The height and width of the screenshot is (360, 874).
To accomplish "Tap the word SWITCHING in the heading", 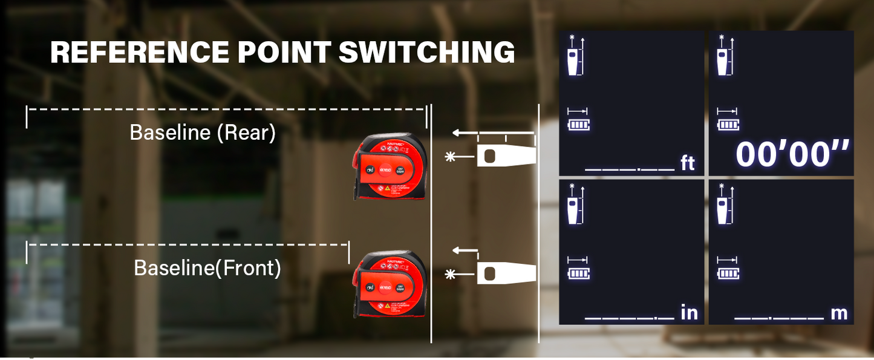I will pyautogui.click(x=426, y=53).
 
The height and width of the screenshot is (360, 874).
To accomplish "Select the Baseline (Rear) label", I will pyautogui.click(x=203, y=133).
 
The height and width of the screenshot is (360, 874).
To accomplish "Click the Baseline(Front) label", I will pyautogui.click(x=207, y=268).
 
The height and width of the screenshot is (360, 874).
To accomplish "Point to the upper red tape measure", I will pyautogui.click(x=390, y=166).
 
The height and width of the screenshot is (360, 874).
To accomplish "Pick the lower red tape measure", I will pyautogui.click(x=390, y=284).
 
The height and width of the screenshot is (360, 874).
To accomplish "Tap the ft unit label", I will pyautogui.click(x=688, y=163).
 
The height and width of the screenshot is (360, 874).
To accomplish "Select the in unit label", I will pyautogui.click(x=689, y=313).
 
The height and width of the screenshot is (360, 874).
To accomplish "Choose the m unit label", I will pyautogui.click(x=839, y=313).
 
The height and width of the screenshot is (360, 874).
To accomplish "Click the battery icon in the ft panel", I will pyautogui.click(x=579, y=126).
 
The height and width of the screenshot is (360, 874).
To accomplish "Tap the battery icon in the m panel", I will pyautogui.click(x=728, y=273).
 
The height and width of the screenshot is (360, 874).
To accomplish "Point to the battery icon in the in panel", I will pyautogui.click(x=579, y=273).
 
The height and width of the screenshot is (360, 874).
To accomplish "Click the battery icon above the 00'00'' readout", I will pyautogui.click(x=728, y=125).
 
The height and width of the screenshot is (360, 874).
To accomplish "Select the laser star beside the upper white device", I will pyautogui.click(x=450, y=157).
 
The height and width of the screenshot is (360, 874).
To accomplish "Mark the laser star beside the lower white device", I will pyautogui.click(x=450, y=275).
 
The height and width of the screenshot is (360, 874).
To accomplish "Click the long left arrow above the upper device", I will pyautogui.click(x=493, y=133).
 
